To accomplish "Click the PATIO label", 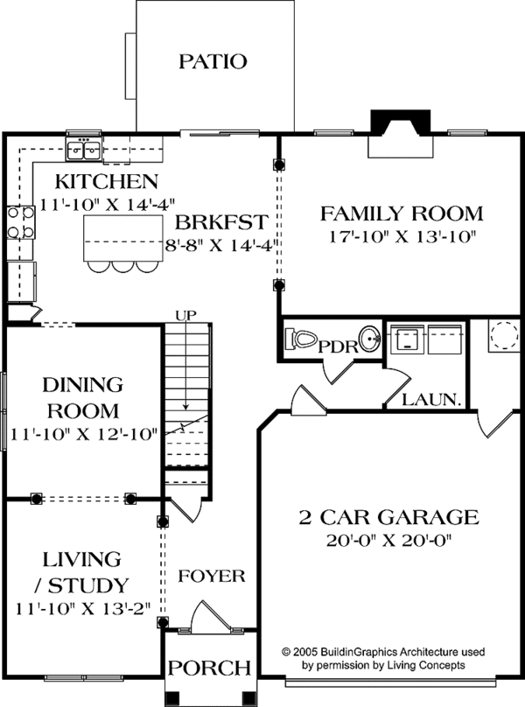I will pyautogui.click(x=213, y=61).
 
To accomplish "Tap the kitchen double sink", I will pyautogui.click(x=84, y=150).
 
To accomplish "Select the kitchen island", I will pyautogui.click(x=122, y=238).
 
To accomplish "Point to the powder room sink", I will pyautogui.click(x=370, y=339).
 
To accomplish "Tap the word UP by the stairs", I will pyautogui.click(x=185, y=313).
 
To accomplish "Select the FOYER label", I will pyautogui.click(x=211, y=576).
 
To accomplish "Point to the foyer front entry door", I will pyautogui.click(x=206, y=616).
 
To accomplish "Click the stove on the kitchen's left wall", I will pyautogui.click(x=20, y=223).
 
